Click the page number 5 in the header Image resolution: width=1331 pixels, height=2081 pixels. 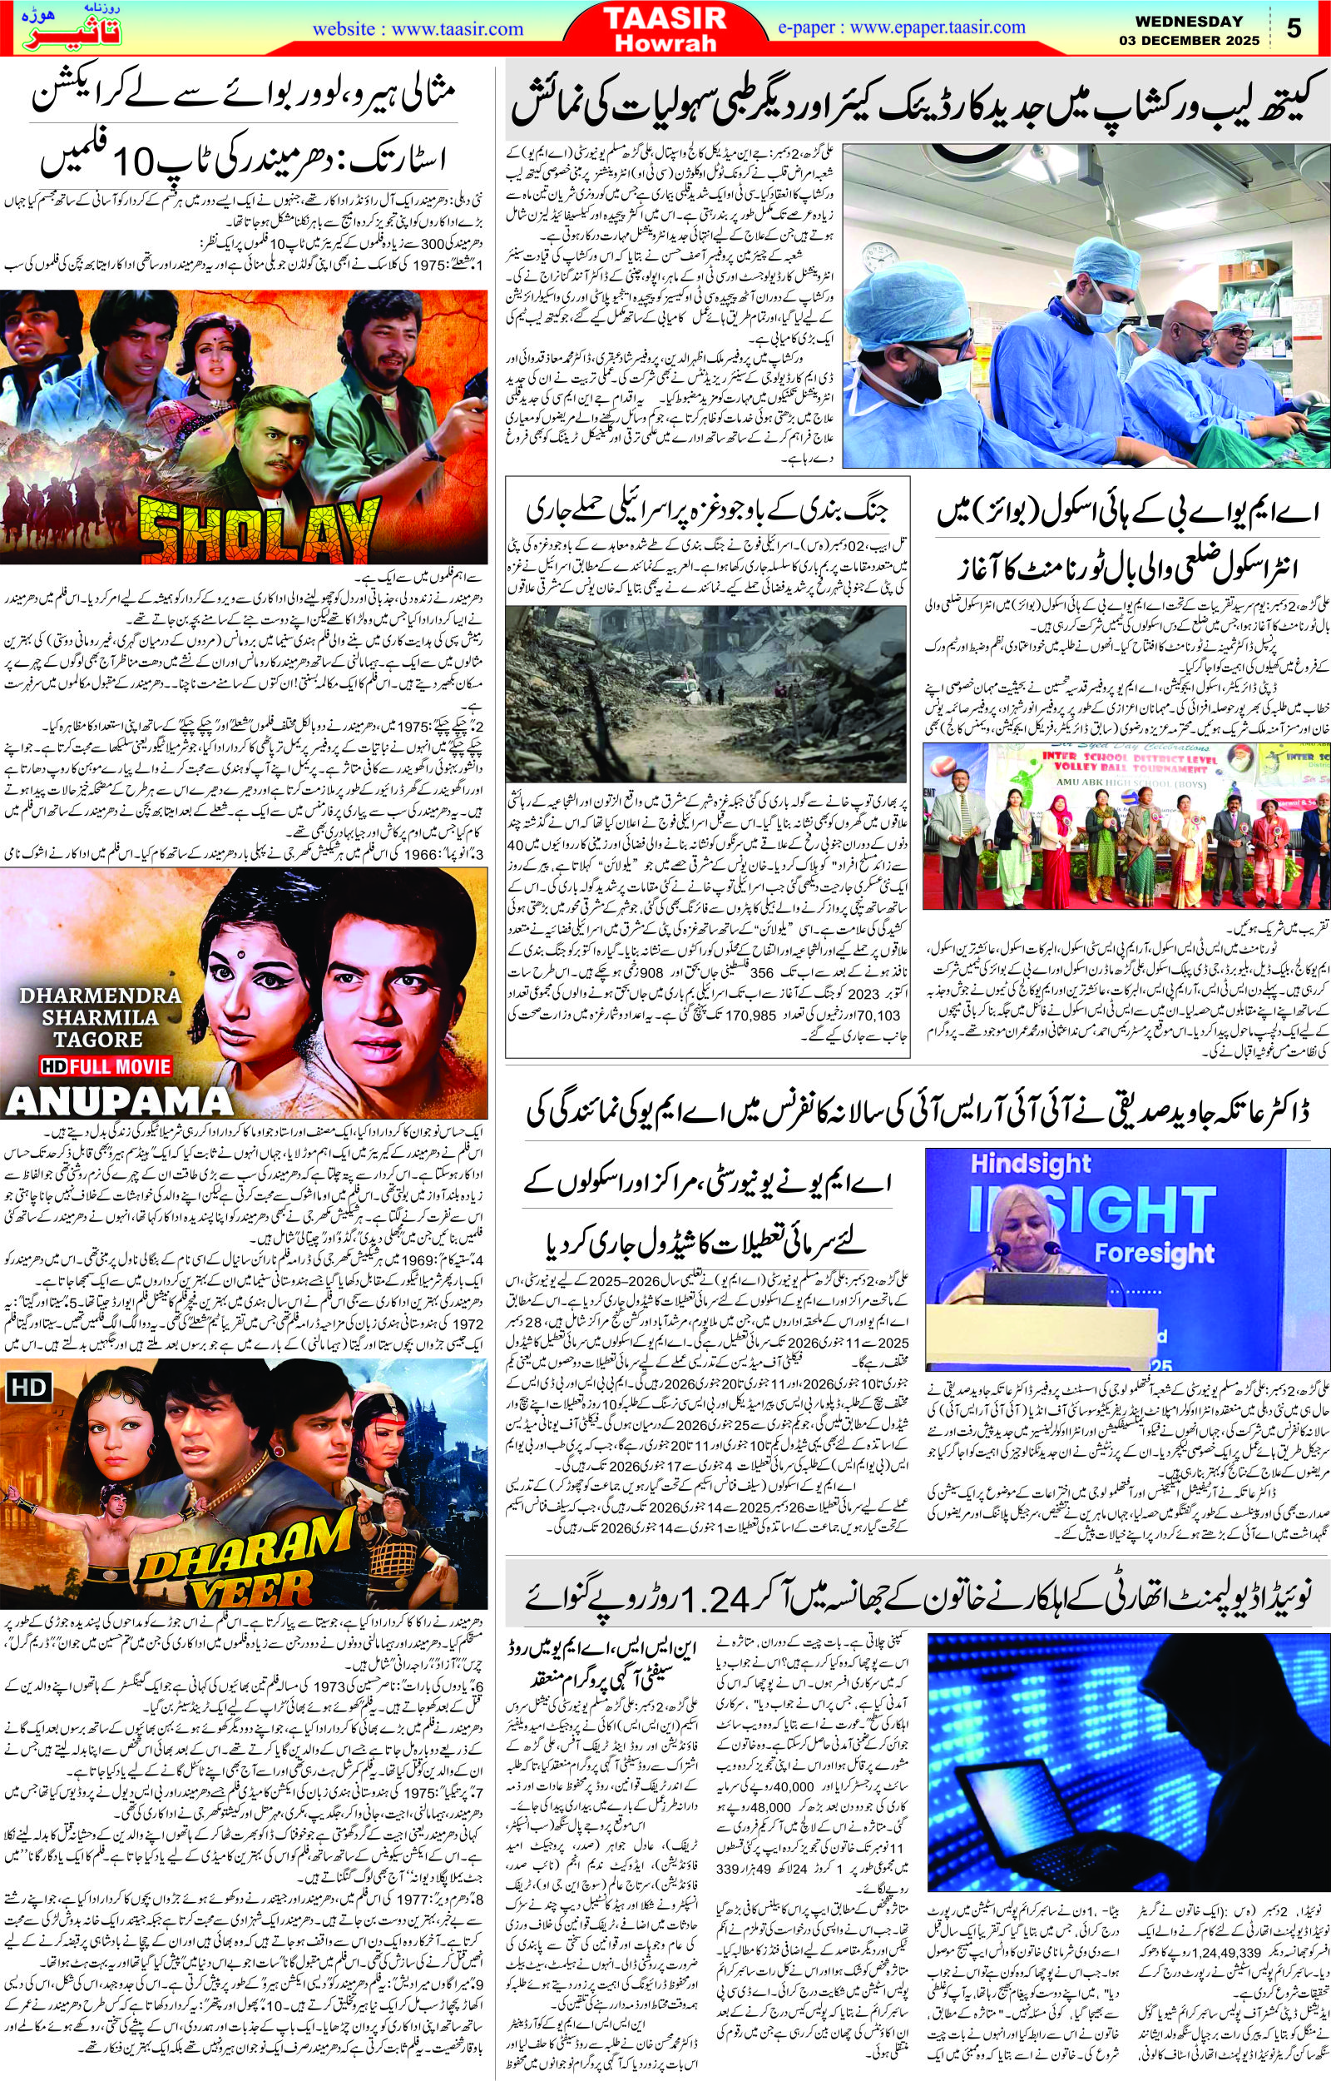click(x=1293, y=28)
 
